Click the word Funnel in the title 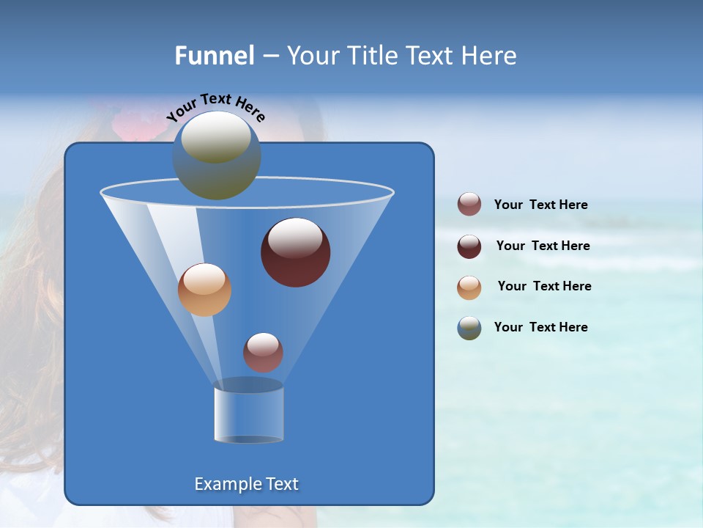coord(214,56)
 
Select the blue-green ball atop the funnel coord(217,155)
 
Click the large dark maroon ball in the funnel coord(296,252)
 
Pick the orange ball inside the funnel coord(204,290)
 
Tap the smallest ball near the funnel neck coord(263,352)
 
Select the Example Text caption coord(247,484)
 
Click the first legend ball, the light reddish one coord(469,205)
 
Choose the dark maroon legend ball coord(469,246)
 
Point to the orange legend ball coord(469,287)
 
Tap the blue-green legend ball coord(469,328)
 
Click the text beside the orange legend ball coord(544,286)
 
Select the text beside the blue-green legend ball coord(540,327)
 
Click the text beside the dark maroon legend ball coord(543,246)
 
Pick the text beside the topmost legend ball coord(540,205)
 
